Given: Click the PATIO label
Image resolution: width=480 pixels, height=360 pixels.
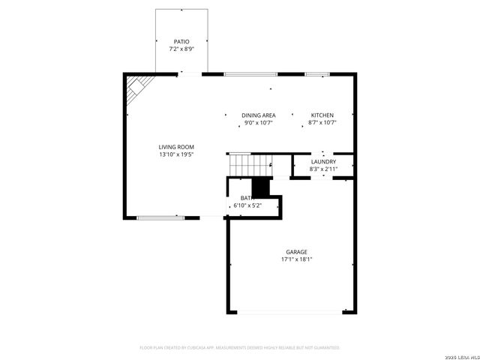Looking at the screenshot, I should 181,42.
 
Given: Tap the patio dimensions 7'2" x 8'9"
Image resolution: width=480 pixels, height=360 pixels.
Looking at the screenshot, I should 181,49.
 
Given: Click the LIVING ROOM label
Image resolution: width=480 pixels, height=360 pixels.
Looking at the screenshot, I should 176,147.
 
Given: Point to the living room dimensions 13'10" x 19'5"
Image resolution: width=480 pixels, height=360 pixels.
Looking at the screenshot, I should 176,154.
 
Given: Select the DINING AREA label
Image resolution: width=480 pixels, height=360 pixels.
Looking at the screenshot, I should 259,115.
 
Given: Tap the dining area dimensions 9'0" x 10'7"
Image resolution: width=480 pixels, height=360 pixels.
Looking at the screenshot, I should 259,123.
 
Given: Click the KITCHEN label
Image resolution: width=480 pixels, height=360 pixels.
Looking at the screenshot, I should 322,115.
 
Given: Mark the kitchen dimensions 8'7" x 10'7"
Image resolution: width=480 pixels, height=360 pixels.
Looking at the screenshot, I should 322,123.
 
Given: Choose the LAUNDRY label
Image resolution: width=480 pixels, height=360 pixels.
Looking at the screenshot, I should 323,162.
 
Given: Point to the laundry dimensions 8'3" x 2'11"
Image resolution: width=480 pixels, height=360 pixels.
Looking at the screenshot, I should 323,169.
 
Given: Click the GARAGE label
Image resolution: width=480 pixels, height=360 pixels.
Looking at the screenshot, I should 296,252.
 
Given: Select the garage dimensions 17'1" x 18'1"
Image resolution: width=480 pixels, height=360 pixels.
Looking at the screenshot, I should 296,259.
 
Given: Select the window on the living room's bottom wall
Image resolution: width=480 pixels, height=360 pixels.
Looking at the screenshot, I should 160,217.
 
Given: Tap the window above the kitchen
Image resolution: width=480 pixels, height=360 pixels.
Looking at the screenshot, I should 317,74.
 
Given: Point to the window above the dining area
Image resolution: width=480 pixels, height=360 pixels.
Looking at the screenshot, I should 251,74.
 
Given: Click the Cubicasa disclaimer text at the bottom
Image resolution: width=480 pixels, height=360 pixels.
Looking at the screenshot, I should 240,348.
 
